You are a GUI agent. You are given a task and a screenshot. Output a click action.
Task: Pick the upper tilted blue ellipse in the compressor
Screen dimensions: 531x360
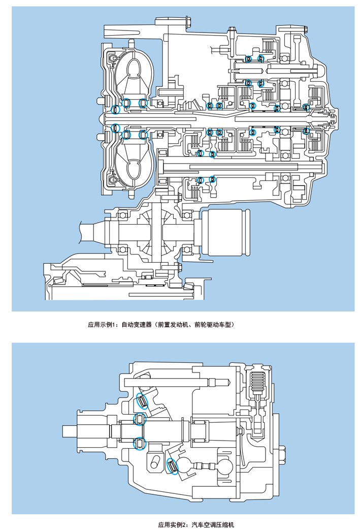143,401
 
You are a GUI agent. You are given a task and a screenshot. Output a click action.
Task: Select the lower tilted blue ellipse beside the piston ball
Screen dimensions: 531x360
173,466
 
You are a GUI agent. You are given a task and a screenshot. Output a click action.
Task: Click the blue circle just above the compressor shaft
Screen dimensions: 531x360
139,419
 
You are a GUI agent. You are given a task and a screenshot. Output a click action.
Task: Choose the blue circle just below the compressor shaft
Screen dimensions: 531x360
139,443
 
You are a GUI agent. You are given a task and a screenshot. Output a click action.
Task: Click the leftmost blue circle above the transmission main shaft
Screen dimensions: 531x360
115,109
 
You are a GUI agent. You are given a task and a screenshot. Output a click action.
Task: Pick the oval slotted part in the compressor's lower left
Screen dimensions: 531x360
155,462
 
